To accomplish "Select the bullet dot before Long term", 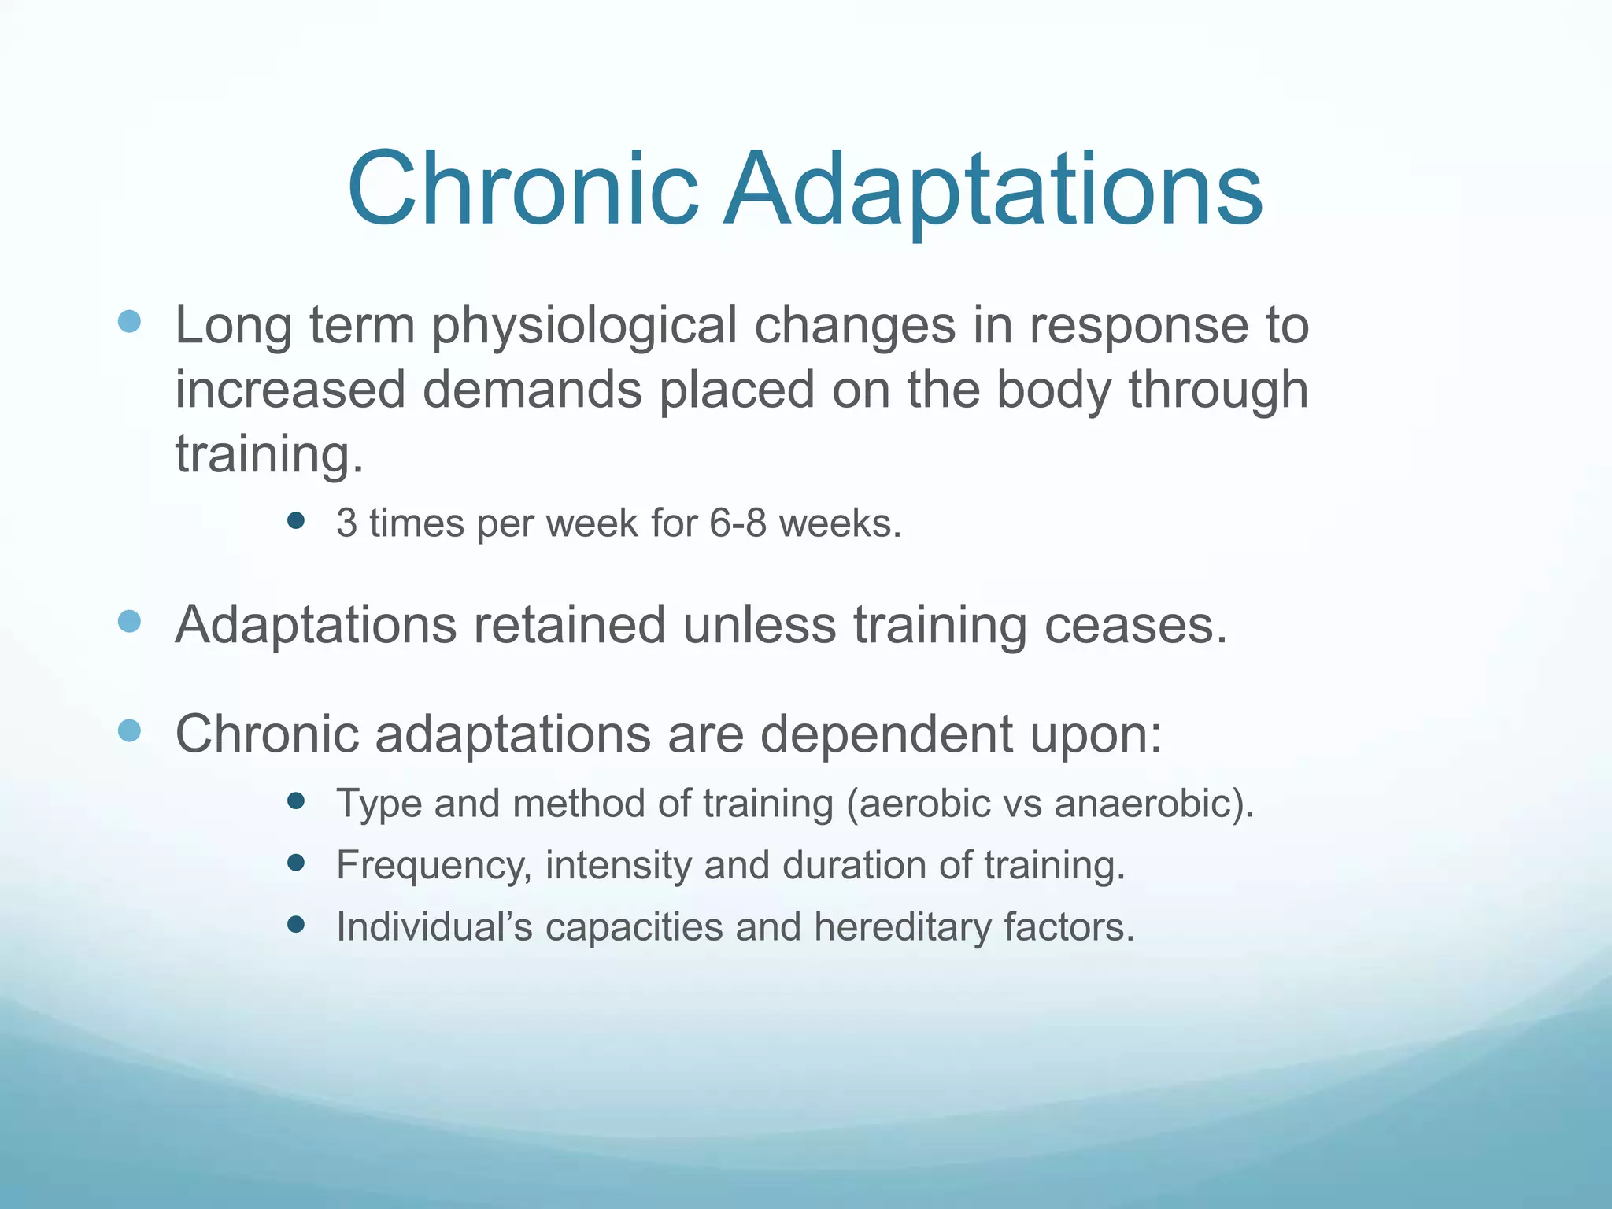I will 129,321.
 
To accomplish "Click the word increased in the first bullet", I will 290,390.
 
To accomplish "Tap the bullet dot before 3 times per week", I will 296,520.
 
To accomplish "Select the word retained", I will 569,626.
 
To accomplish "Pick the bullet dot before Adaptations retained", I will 129,622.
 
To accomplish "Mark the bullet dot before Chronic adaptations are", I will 129,730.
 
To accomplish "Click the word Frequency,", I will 434,866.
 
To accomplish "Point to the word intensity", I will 618,865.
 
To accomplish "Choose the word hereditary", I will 902,927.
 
